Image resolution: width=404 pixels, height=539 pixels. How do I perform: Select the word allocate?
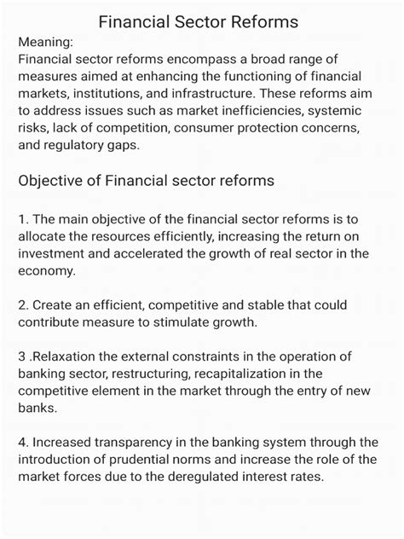pos(43,237)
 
